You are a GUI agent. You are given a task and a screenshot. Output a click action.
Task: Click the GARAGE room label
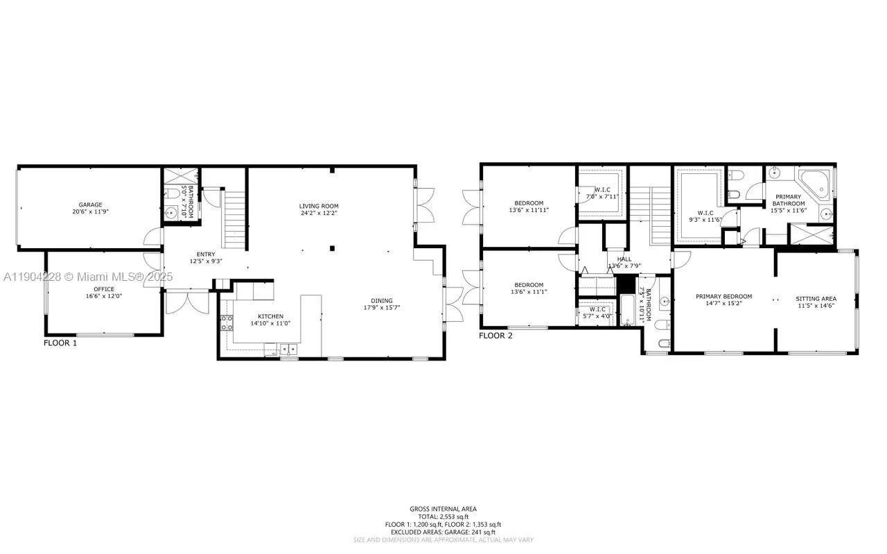(90, 205)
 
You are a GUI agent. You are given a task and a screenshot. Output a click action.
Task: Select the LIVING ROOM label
(319, 206)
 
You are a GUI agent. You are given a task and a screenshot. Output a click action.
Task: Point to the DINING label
(382, 300)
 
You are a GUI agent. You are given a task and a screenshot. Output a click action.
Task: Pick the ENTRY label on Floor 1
(205, 254)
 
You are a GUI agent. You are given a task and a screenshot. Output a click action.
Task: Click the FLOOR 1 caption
(60, 343)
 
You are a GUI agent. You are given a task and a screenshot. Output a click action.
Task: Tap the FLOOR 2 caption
(495, 336)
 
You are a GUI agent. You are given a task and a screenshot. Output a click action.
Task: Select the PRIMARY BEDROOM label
(723, 296)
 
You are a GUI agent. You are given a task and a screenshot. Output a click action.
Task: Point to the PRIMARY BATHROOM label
(789, 197)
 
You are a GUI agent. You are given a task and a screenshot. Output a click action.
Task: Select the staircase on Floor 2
(661, 215)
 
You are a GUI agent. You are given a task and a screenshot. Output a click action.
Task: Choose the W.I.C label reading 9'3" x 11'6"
(705, 220)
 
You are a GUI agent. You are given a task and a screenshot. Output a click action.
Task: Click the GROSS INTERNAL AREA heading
(443, 509)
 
